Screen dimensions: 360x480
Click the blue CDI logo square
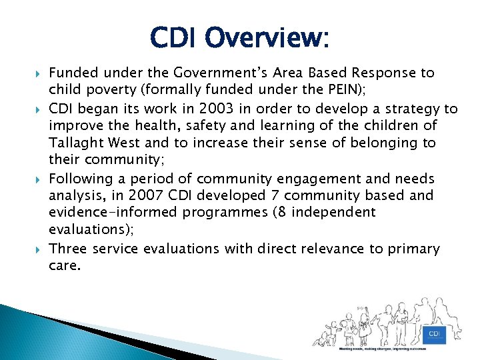(434, 333)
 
